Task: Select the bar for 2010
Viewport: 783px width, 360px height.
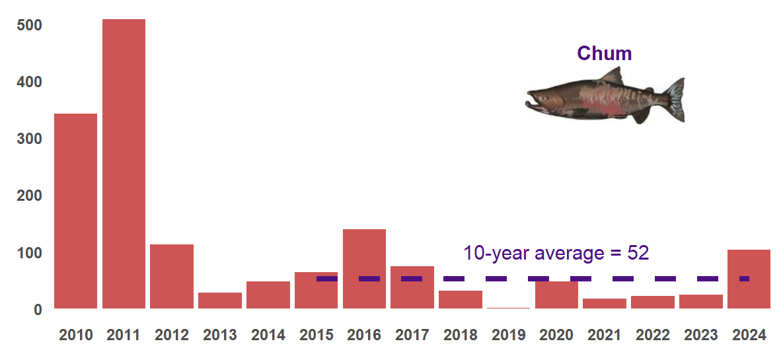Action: (75, 211)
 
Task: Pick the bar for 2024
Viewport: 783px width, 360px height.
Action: (749, 279)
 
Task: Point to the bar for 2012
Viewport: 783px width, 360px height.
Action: (172, 276)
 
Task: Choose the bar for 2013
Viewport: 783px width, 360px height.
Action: (220, 301)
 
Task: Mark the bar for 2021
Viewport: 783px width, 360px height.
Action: (605, 304)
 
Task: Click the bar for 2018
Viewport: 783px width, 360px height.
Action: (461, 300)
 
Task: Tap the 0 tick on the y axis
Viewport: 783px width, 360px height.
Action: (38, 309)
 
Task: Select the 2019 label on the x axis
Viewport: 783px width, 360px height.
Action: (509, 335)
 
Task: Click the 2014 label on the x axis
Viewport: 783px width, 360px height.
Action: (268, 335)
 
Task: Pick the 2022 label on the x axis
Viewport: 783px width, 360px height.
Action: (653, 335)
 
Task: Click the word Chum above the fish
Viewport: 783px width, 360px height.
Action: (604, 54)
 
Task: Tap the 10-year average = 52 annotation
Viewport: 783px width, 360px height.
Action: (556, 253)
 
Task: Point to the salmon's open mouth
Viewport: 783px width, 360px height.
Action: (532, 103)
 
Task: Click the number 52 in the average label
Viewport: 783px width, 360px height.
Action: (638, 253)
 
